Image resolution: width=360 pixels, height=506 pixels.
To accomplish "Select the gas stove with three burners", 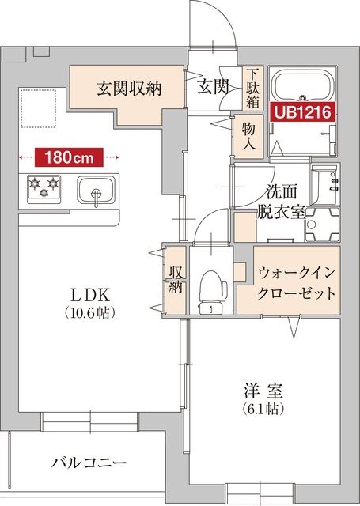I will tap(44, 188).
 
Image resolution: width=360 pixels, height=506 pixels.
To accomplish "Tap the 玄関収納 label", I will tap(129, 88).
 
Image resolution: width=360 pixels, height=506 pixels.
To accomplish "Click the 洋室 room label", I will tap(263, 391).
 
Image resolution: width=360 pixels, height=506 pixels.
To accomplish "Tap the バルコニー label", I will tap(89, 463).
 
